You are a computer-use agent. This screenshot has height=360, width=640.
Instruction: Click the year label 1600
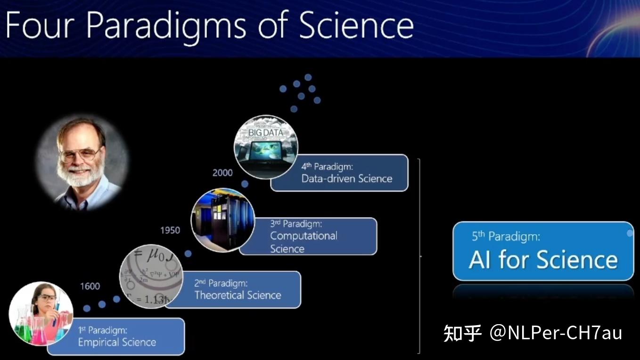point(90,286)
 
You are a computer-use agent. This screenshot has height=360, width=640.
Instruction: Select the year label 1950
point(170,230)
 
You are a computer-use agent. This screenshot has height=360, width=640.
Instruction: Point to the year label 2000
point(222,173)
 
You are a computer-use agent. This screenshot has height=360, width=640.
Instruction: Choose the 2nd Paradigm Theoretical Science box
point(238,290)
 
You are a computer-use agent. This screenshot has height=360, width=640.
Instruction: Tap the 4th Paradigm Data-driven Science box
point(347,173)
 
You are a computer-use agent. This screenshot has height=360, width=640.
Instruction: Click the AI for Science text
point(543,260)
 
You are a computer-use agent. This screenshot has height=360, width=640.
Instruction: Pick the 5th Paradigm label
point(506,236)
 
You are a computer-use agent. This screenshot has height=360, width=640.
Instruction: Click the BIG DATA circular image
point(266,147)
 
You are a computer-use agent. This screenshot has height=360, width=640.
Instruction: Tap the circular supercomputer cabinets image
point(223,220)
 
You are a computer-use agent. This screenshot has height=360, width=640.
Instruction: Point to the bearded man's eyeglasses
point(80,154)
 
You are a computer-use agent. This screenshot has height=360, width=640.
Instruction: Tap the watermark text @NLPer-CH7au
point(556,333)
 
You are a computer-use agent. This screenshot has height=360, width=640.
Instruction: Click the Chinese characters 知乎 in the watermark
point(462,333)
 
